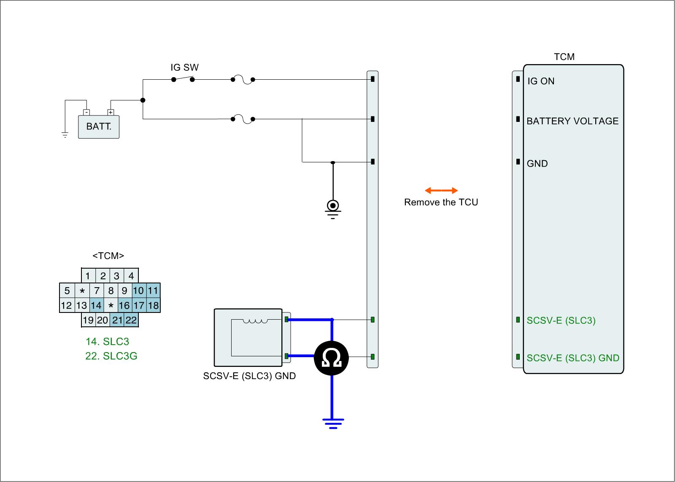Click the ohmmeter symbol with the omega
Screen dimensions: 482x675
(332, 358)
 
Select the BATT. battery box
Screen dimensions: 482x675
(99, 127)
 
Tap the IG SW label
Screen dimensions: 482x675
(184, 67)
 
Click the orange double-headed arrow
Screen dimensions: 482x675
(441, 191)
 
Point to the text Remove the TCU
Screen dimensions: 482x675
(441, 202)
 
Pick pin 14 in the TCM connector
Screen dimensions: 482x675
(96, 305)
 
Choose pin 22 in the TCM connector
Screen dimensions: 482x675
(131, 320)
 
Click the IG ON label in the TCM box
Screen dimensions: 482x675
(541, 81)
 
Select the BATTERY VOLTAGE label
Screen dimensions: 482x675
(572, 121)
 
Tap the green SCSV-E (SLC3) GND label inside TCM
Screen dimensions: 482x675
(573, 358)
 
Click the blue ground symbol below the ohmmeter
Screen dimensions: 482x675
(333, 423)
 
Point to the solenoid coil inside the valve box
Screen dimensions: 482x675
(256, 321)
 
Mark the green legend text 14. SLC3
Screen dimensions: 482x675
(107, 342)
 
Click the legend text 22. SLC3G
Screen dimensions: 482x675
(111, 356)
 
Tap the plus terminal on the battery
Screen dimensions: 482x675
(111, 112)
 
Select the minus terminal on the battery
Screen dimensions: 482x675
(86, 112)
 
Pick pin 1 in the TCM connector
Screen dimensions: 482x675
(88, 276)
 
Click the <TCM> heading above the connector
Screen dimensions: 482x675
(108, 256)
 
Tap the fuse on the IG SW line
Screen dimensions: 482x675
(243, 79)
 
